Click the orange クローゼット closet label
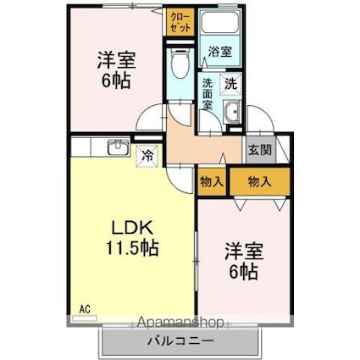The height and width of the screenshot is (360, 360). (x=180, y=20)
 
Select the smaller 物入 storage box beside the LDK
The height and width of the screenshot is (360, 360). (x=212, y=182)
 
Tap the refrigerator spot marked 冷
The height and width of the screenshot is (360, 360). (x=148, y=156)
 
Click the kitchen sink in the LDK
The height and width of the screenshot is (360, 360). (x=117, y=150)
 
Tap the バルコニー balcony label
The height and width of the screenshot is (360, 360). (x=182, y=341)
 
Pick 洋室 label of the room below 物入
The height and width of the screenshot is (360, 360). (x=245, y=251)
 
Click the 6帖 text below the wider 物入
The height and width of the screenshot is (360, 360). (x=245, y=273)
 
